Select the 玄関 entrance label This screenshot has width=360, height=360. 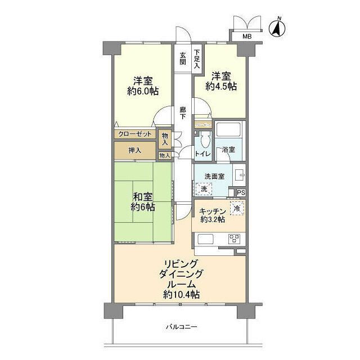183,58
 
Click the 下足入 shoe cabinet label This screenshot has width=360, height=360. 197,59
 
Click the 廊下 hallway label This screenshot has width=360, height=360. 183,113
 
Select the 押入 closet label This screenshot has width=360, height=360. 134,150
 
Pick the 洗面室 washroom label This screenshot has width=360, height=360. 214,175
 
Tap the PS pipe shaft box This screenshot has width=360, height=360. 241,193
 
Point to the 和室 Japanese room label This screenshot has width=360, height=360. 142,197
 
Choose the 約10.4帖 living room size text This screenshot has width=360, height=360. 181,294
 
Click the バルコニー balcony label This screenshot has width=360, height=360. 181,327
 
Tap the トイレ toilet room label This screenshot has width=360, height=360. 202,154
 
